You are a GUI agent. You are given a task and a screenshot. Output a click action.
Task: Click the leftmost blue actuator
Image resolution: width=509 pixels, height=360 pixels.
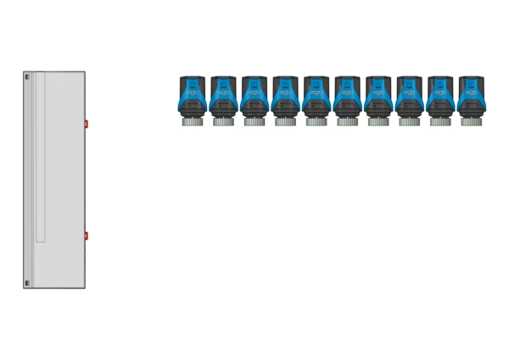pos(193,98)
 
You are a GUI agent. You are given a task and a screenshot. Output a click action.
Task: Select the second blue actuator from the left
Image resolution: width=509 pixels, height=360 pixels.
pos(224,98)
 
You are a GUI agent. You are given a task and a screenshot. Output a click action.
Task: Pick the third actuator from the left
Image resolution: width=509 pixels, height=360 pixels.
pos(255,98)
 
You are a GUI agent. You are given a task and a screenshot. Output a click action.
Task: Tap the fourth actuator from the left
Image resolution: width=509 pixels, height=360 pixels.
pos(286,98)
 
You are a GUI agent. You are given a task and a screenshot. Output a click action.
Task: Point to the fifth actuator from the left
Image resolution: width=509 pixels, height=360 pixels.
pos(316,98)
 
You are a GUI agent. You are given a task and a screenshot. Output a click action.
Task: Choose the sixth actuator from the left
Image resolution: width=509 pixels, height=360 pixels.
pos(348,98)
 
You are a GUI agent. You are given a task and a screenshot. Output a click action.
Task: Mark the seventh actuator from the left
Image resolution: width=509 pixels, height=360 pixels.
pos(378,98)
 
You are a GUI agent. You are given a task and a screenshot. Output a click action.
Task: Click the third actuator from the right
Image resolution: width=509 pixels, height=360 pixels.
pos(410,98)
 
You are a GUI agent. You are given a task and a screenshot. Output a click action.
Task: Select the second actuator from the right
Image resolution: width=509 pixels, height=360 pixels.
pos(440,98)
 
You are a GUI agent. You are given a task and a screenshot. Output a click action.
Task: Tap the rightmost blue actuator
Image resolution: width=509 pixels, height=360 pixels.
pos(471,98)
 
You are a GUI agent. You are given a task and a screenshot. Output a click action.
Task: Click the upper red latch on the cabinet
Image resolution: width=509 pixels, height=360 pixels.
pos(87,124)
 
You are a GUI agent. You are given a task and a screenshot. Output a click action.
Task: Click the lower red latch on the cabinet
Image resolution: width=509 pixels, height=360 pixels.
pos(87,235)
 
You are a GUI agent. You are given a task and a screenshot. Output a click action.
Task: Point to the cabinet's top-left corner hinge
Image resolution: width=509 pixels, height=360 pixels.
pos(26,77)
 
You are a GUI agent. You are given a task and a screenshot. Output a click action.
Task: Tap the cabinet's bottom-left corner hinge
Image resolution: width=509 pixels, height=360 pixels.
pos(26,283)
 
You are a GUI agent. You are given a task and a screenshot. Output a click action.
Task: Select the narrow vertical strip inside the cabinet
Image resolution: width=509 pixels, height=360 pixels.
pos(40,157)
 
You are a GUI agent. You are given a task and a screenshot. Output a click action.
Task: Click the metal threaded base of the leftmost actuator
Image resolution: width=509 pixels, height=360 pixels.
pos(193,121)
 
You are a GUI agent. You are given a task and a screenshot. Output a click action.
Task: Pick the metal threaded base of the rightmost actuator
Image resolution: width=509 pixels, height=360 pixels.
pos(471,121)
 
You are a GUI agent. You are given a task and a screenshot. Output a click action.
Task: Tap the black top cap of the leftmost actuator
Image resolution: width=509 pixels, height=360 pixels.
pos(193,81)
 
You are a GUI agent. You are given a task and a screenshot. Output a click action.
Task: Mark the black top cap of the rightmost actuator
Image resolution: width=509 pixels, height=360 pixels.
pos(471,81)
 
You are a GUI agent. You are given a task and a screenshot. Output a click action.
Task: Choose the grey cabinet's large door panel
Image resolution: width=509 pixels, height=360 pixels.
pos(64,178)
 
